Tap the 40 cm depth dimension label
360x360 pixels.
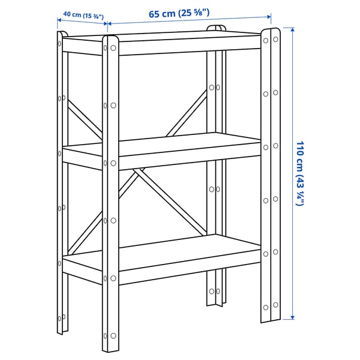tap(82, 14)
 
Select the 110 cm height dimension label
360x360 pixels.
tap(299, 174)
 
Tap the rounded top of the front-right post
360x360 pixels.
tap(271, 30)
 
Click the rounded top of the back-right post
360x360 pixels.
tap(217, 28)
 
